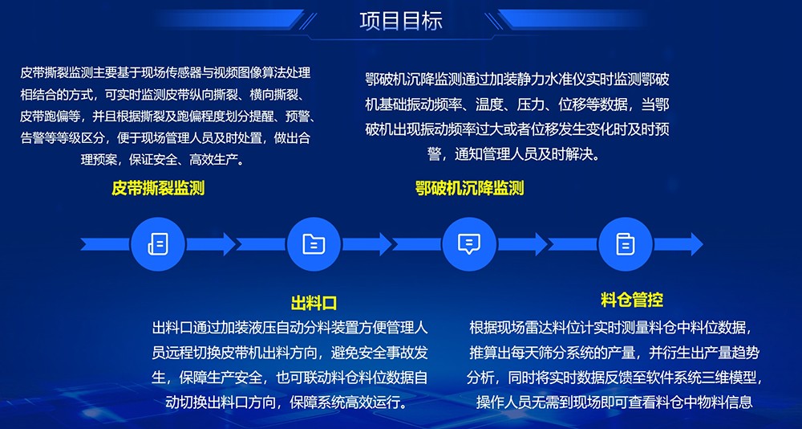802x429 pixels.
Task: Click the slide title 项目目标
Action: click(x=401, y=21)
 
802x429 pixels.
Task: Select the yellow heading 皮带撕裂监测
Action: click(x=158, y=188)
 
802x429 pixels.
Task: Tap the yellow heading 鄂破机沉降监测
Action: click(x=469, y=188)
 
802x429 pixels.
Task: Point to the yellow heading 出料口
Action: click(x=314, y=303)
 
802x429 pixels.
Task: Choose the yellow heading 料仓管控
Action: click(x=632, y=300)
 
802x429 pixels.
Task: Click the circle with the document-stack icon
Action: click(x=157, y=244)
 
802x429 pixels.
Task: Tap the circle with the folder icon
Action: click(x=314, y=244)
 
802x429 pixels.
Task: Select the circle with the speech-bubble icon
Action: click(x=469, y=244)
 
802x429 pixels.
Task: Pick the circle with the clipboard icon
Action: click(x=625, y=244)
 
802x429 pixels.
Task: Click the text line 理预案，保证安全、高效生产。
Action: click(x=164, y=160)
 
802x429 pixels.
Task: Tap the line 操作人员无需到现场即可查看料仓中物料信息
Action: click(x=615, y=402)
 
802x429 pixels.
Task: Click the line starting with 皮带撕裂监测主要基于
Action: click(x=165, y=72)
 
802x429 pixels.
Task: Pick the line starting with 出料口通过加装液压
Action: click(x=290, y=328)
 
